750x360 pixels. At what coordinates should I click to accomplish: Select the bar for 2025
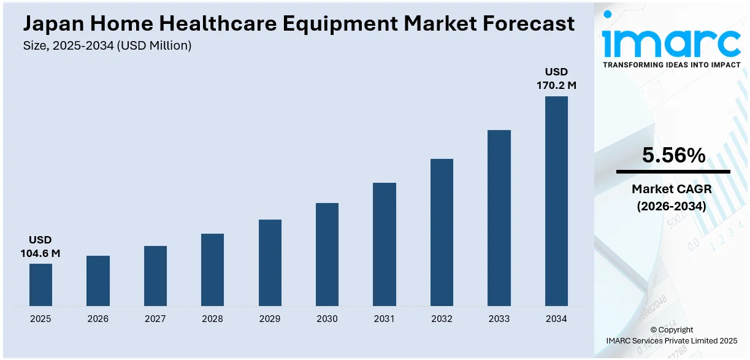coord(40,285)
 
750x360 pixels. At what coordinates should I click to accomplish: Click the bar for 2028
coord(212,270)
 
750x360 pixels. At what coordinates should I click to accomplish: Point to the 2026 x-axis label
coord(98,319)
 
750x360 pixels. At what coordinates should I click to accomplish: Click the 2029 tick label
coord(270,319)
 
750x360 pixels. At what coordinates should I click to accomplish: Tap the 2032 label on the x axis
coord(442,319)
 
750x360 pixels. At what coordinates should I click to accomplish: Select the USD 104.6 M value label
coord(40,247)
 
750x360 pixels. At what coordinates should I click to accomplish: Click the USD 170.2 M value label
coord(556,79)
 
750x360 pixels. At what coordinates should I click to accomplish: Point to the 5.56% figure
coord(673,156)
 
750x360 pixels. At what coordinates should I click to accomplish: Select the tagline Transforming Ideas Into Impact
coord(672,64)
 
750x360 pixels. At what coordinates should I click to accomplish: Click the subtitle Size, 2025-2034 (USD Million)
coord(107,45)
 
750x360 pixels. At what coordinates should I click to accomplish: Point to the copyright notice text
coord(672,335)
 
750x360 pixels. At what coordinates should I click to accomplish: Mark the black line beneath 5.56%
coord(673,172)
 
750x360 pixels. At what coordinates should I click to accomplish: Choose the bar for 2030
coord(327,255)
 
